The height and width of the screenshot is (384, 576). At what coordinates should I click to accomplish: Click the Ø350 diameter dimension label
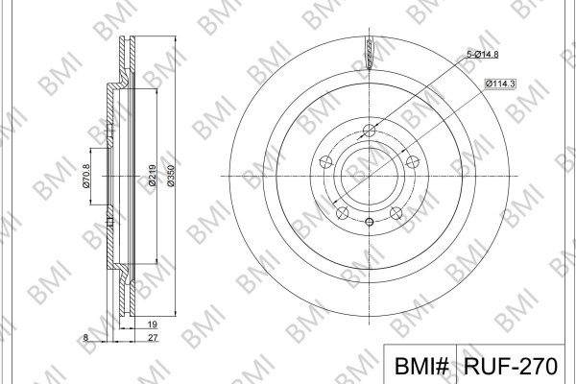[x=171, y=176]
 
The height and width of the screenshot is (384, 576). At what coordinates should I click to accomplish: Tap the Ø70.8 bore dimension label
[x=86, y=176]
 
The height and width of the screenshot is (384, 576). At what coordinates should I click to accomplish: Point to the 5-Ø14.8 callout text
[x=482, y=55]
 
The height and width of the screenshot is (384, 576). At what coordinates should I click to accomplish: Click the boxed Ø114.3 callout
[x=500, y=84]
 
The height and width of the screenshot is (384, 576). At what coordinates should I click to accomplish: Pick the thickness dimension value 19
[x=153, y=324]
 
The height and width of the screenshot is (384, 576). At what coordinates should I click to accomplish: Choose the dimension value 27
[x=153, y=338]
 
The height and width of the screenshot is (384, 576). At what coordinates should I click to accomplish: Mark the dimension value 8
[x=85, y=337]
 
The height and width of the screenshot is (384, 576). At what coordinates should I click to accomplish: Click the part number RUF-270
[x=511, y=366]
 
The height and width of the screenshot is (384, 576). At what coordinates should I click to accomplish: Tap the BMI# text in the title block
[x=421, y=366]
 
